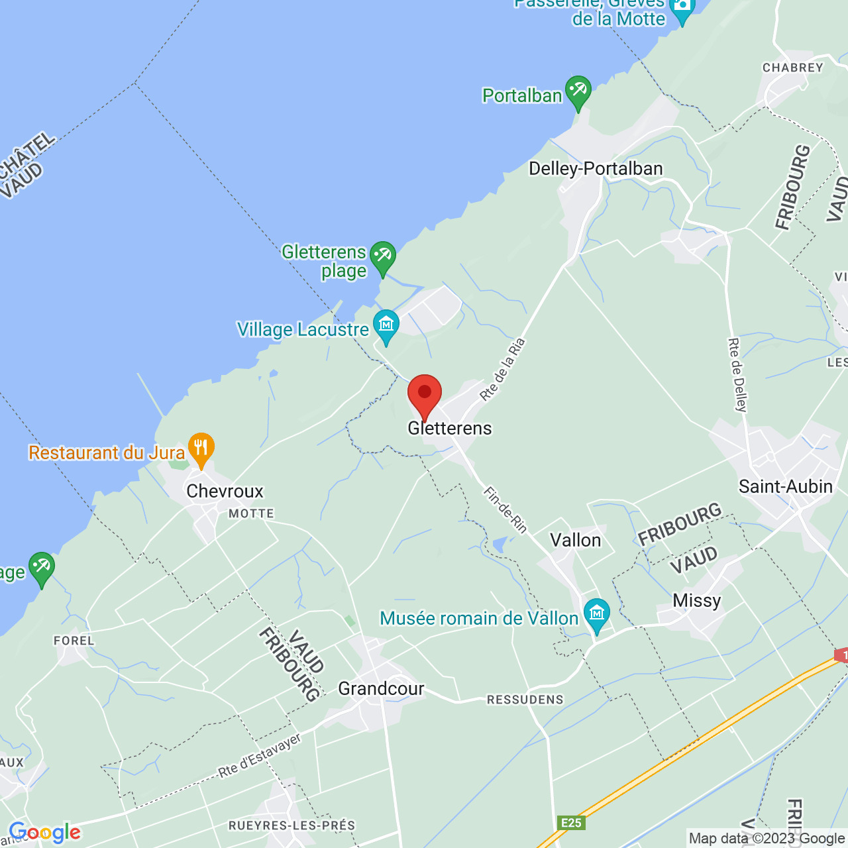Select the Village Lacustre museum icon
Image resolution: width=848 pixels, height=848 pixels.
point(386,325)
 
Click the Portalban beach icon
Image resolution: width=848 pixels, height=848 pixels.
point(578,91)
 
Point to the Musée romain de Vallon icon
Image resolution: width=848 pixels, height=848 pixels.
point(596,614)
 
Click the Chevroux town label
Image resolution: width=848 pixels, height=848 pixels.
point(225,491)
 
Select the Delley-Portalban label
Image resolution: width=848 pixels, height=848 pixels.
point(596,168)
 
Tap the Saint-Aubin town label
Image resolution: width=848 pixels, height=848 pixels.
point(785,486)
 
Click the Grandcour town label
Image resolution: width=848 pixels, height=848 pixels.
point(381,688)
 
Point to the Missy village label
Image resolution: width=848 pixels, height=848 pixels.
point(696,600)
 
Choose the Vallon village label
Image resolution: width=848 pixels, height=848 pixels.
point(576,540)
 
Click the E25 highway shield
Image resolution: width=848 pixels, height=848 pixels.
point(570,823)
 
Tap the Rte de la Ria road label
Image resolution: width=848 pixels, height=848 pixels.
point(502,370)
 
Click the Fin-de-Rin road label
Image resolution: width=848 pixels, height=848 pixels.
point(505,509)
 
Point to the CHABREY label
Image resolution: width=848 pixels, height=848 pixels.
point(792,68)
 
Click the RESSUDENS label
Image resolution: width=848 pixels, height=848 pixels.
point(525,700)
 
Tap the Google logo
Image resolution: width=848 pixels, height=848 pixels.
point(44,832)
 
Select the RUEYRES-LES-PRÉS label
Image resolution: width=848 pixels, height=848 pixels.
point(291,825)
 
